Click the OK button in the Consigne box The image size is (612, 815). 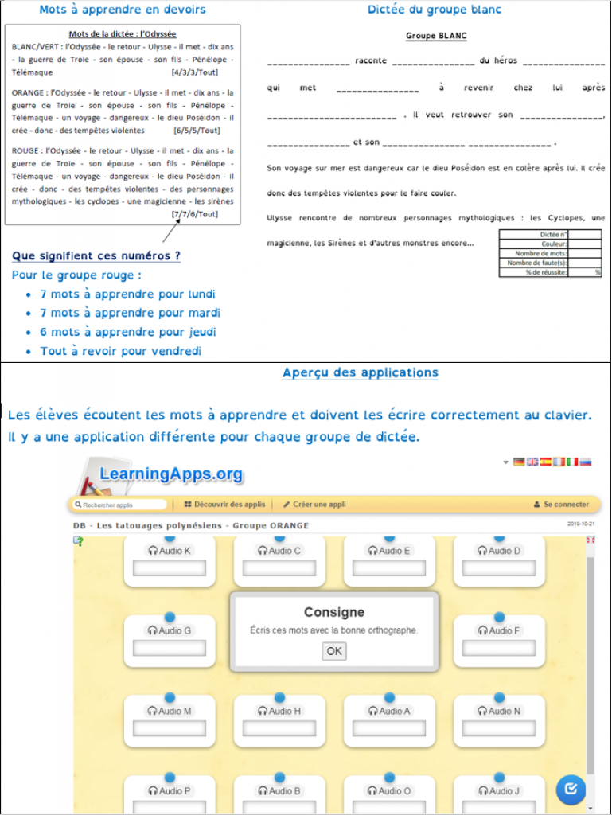click(x=334, y=651)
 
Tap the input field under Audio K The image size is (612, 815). click(x=170, y=568)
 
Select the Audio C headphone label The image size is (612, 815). click(x=279, y=551)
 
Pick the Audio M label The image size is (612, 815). click(x=170, y=711)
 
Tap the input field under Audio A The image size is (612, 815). click(x=389, y=728)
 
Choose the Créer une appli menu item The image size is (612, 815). click(x=314, y=505)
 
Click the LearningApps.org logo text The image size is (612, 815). click(x=171, y=474)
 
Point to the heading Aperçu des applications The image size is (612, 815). click(x=360, y=372)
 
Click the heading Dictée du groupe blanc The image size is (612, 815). click(x=434, y=10)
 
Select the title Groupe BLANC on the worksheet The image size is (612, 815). click(x=436, y=36)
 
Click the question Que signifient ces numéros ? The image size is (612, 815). click(x=96, y=256)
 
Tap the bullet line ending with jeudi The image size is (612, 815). click(x=128, y=332)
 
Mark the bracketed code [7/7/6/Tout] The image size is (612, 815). click(x=194, y=214)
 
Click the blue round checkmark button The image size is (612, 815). click(x=570, y=789)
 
